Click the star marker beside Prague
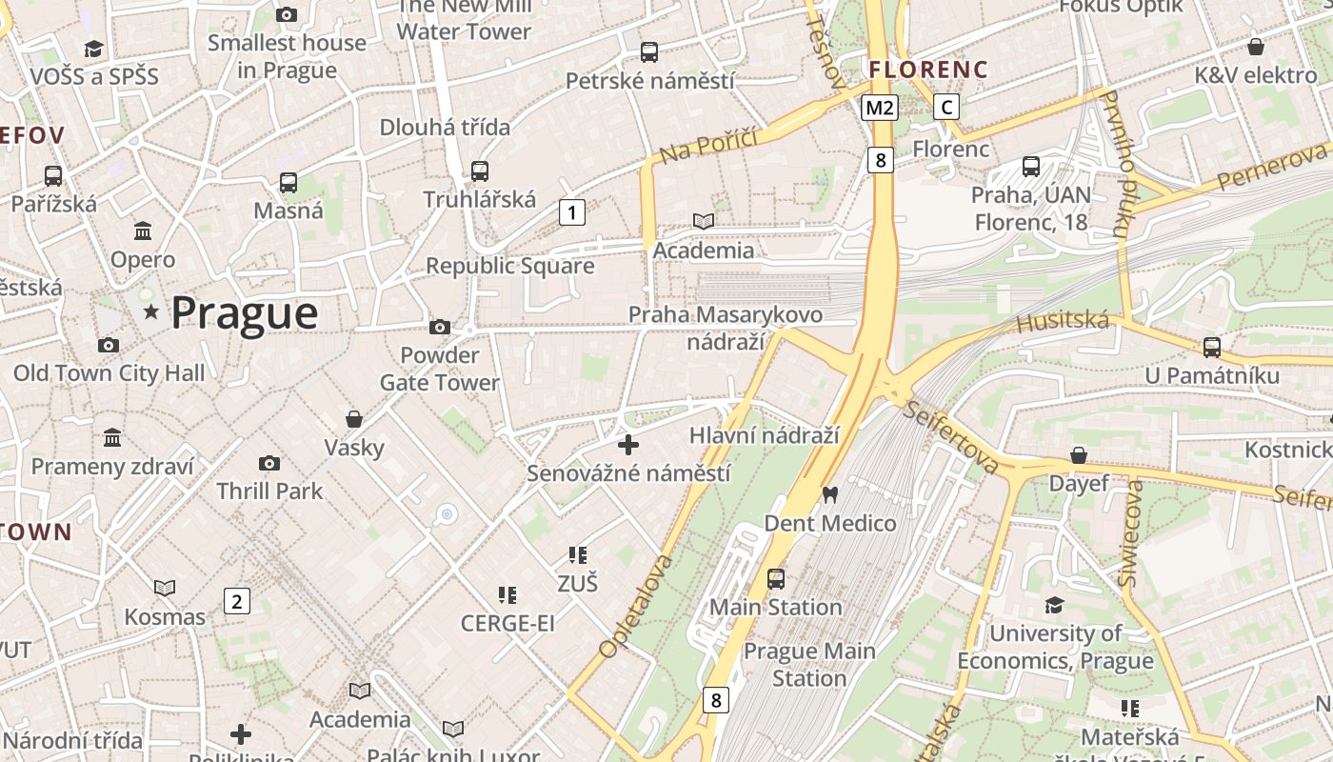pos(150,311)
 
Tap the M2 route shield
pos(879,107)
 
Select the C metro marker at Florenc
pos(946,107)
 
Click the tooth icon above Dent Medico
pos(829,494)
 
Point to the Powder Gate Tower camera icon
pos(439,327)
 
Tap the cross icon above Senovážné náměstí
pos(628,445)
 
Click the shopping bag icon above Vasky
pos(354,419)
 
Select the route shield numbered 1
pos(571,211)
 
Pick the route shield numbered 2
pos(236,601)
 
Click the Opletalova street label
pos(635,607)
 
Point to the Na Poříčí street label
pos(708,144)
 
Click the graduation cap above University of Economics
pos(1054,605)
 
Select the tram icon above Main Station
pos(776,578)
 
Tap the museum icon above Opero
pos(143,231)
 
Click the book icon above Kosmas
pos(165,588)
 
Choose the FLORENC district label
pos(928,70)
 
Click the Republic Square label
pos(509,266)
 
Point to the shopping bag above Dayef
pos(1079,455)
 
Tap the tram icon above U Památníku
pos(1211,348)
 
